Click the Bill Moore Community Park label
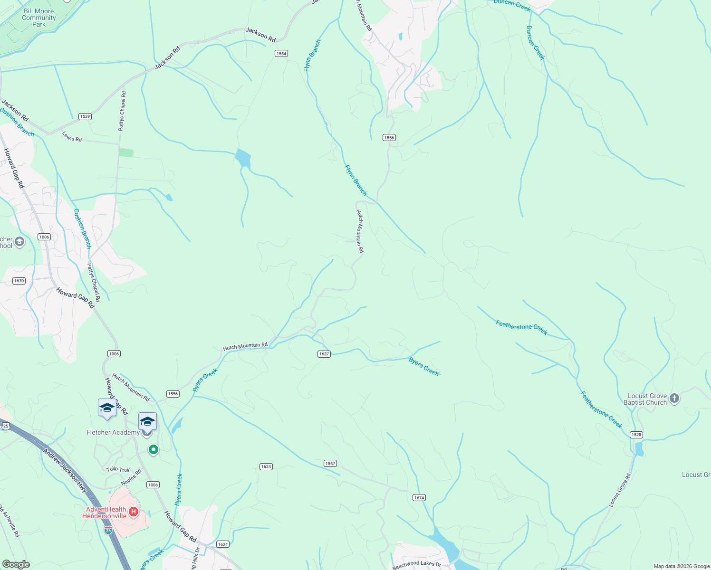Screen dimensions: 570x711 pos(39,18)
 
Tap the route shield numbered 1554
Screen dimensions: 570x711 pos(281,54)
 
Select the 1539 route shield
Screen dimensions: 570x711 pos(85,116)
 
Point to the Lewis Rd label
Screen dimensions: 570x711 pos(72,137)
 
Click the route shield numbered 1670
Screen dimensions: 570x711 pos(19,281)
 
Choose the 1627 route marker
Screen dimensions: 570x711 pos(324,354)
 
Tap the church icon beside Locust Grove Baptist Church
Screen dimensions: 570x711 pos(674,399)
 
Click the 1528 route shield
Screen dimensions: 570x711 pos(636,435)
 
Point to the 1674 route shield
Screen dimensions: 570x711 pos(419,498)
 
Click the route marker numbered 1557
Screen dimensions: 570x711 pos(330,463)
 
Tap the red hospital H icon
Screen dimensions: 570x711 pos(134,512)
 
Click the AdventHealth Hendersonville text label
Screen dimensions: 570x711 pos(105,513)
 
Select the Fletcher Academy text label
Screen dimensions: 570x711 pos(113,432)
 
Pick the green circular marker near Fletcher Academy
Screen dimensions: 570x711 pos(153,449)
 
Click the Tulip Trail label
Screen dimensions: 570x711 pos(118,469)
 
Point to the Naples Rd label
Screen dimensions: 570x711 pos(131,477)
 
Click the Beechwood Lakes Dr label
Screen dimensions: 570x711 pos(417,564)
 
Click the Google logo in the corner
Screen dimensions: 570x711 pos(16,564)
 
